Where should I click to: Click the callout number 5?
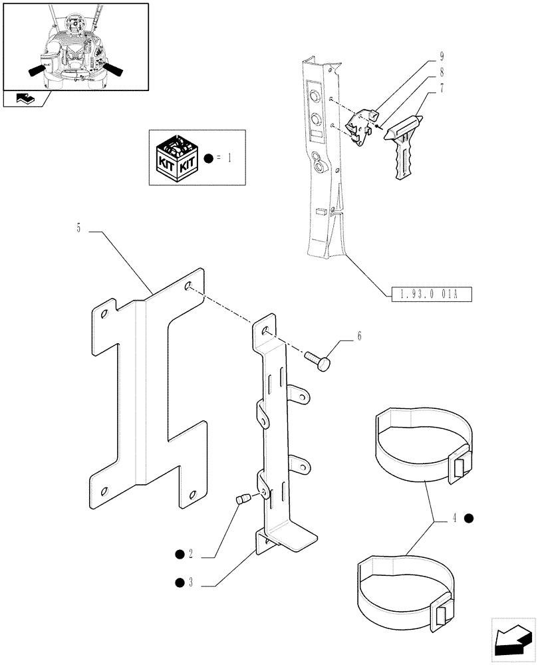pyautogui.click(x=78, y=229)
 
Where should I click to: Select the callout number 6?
pyautogui.click(x=360, y=336)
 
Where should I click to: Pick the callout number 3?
pyautogui.click(x=190, y=584)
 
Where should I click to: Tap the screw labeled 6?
pyautogui.click(x=318, y=361)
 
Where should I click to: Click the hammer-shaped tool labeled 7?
pyautogui.click(x=402, y=142)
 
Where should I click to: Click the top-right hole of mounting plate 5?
pyautogui.click(x=189, y=286)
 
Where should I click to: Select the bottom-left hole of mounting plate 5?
pyautogui.click(x=104, y=490)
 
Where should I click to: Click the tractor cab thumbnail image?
pyautogui.click(x=74, y=47)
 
